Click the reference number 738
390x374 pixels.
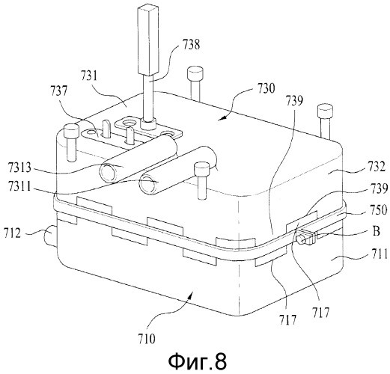point(192,45)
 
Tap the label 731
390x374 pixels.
point(88,76)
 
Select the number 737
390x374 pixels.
point(59,91)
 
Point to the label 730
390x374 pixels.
point(266,88)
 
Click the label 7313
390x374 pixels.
point(19,168)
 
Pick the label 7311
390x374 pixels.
point(19,187)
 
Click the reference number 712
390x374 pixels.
point(12,233)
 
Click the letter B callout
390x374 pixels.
point(376,231)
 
